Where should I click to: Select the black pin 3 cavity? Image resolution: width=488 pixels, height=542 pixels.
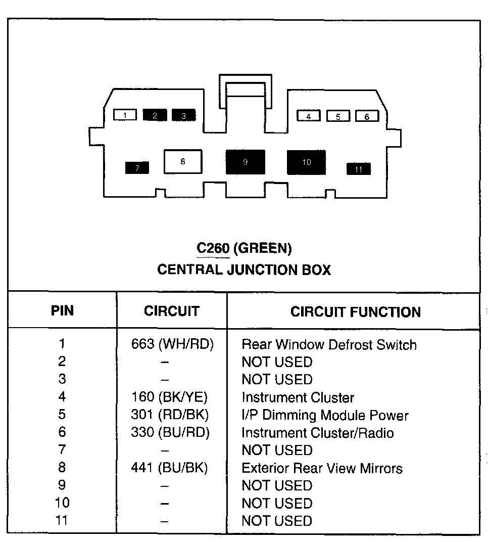click(184, 115)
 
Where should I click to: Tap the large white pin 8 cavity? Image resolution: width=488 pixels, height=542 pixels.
click(182, 162)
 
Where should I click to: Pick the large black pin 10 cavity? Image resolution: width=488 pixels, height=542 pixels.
click(306, 162)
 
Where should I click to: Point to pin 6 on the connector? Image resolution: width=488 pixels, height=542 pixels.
click(367, 116)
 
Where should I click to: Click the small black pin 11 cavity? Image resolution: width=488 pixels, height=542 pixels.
click(359, 169)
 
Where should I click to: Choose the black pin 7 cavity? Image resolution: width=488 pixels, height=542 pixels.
click(137, 168)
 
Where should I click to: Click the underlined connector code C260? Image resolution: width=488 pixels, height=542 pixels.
click(213, 248)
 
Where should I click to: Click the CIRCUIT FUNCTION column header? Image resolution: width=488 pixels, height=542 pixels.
click(355, 312)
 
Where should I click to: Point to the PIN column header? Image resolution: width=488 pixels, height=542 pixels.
click(62, 310)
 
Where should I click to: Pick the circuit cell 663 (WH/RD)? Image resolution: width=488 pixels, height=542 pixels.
click(172, 344)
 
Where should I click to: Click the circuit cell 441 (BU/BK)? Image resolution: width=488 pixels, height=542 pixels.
click(169, 468)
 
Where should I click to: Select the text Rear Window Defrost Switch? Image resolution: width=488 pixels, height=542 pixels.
click(329, 345)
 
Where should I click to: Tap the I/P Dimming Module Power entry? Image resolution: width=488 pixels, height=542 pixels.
click(325, 416)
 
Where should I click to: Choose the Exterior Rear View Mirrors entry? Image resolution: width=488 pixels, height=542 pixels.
click(322, 468)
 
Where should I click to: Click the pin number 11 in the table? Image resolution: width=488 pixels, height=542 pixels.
click(62, 520)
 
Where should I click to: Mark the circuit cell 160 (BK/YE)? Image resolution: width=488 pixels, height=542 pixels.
click(169, 397)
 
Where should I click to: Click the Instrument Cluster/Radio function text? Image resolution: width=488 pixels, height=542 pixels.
click(317, 433)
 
